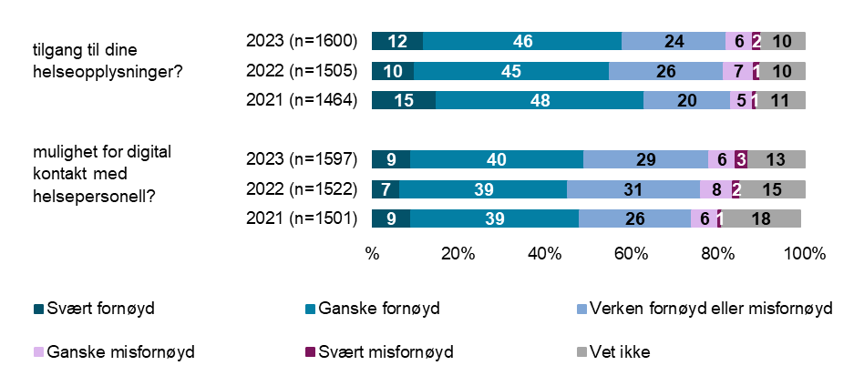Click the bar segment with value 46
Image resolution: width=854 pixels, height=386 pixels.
522,41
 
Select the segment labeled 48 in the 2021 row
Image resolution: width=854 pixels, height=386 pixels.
540,101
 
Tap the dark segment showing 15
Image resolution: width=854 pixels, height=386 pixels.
404,101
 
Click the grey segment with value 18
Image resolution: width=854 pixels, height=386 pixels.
762,218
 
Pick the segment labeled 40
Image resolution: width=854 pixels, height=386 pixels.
497,159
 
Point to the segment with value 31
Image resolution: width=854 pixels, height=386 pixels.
633,189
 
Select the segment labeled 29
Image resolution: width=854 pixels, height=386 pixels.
645,159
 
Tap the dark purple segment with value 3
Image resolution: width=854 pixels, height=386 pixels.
741,159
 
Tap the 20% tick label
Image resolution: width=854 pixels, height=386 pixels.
458,253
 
